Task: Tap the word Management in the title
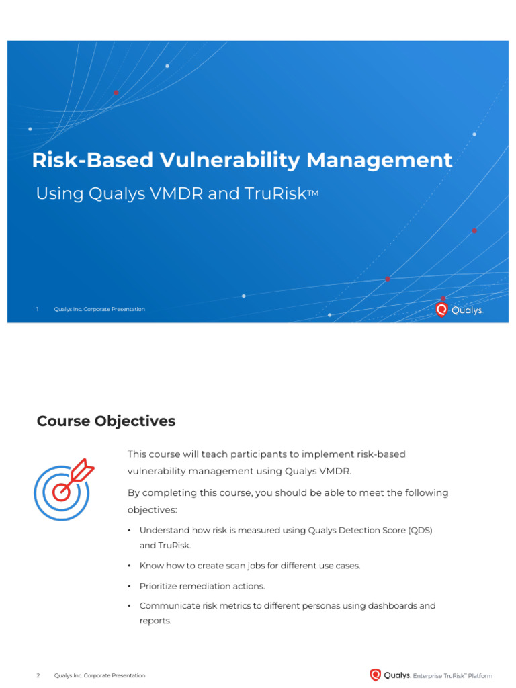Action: pyautogui.click(x=380, y=161)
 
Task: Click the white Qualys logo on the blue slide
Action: pyautogui.click(x=459, y=310)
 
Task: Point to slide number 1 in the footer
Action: pyautogui.click(x=38, y=309)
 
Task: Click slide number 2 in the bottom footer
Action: pyautogui.click(x=38, y=675)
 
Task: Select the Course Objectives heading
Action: pyautogui.click(x=106, y=421)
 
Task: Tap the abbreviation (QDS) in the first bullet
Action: pyautogui.click(x=419, y=530)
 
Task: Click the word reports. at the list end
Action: pyautogui.click(x=155, y=621)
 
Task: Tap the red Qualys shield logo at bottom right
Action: pyautogui.click(x=376, y=675)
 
